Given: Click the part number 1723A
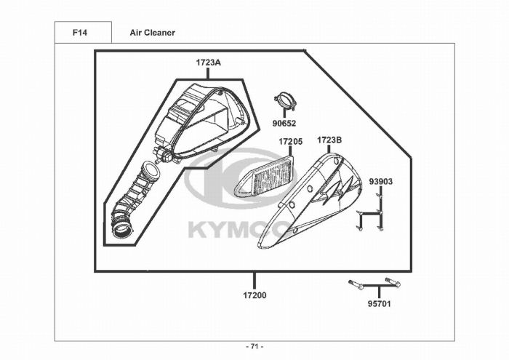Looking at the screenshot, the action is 208,63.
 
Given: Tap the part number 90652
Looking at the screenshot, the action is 284,124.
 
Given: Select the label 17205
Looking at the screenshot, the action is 291,142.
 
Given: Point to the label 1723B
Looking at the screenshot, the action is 329,140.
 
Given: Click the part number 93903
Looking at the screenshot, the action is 381,182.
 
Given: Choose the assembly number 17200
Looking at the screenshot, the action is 254,295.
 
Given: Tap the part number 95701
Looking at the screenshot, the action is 379,304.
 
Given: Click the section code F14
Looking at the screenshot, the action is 80,33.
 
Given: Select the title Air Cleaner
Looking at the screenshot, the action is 152,33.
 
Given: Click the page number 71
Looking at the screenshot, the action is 254,346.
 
